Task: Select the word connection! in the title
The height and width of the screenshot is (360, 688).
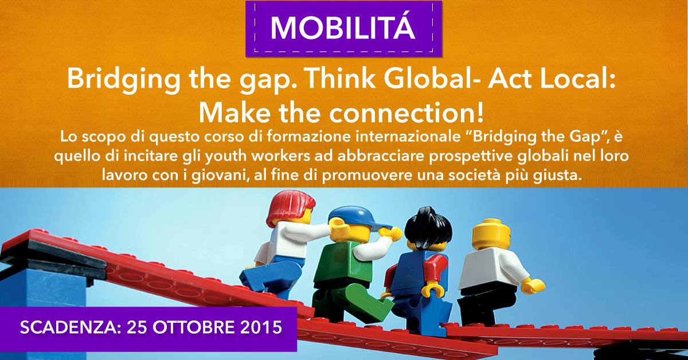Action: (406, 113)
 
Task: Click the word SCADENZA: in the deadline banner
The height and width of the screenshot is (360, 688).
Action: (71, 327)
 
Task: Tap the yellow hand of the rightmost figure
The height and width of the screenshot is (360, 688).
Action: (534, 285)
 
